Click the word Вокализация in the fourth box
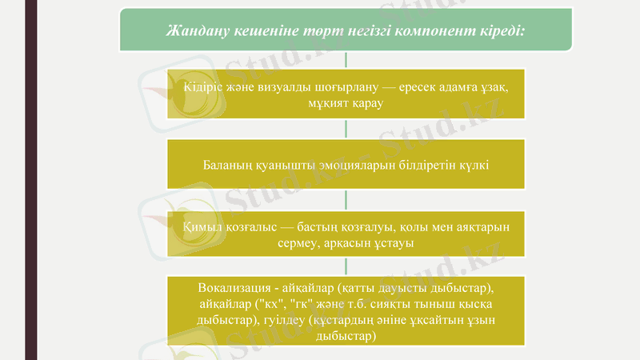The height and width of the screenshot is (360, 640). coord(231,286)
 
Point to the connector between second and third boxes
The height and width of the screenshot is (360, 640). coord(346,200)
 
